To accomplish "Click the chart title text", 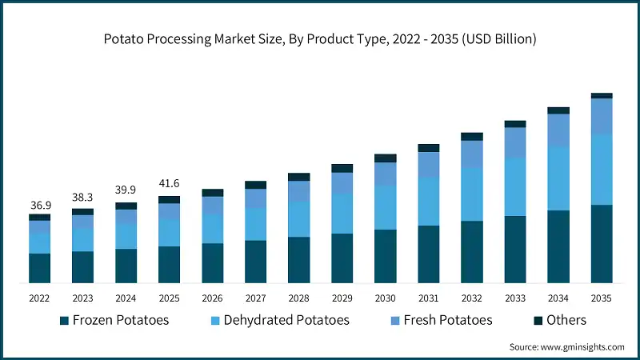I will coord(320,38).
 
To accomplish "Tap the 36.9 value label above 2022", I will coord(40,206).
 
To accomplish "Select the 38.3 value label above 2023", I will coord(82,199).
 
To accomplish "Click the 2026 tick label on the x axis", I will coord(212,297).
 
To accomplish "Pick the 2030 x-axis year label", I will coord(385,297).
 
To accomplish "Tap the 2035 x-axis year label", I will coord(601,297).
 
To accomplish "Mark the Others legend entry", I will coord(559,320).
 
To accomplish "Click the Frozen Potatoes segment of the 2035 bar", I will coord(602,244).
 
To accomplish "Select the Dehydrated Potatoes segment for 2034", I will coord(558,178).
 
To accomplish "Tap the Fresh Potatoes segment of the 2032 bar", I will coord(472,154).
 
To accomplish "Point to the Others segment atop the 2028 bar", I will coord(299,177).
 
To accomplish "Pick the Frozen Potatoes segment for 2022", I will coord(40,268).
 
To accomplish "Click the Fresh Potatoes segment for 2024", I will coord(126,217).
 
